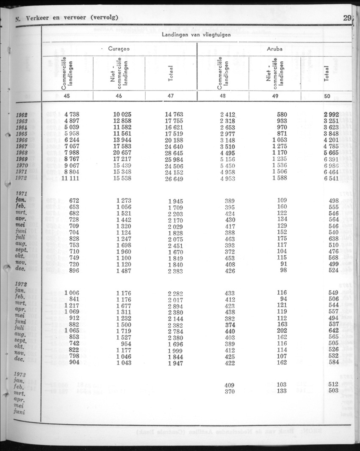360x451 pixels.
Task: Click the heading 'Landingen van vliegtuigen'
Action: (x=196, y=35)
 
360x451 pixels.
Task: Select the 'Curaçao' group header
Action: (x=119, y=49)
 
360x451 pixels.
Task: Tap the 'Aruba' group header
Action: (x=275, y=49)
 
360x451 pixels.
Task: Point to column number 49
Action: (x=275, y=96)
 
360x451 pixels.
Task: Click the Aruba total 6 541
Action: (x=330, y=179)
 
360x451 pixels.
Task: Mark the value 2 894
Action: (x=176, y=305)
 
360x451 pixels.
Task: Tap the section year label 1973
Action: (x=21, y=374)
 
